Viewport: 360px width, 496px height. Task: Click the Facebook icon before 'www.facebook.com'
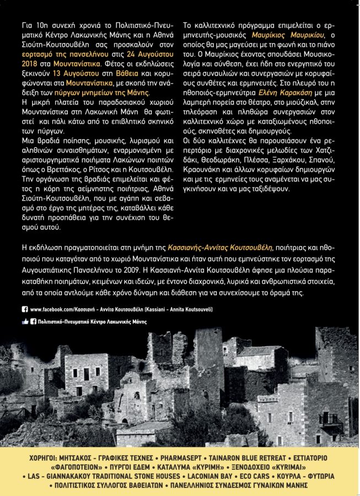(25, 310)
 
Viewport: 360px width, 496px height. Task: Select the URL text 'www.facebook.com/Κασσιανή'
(68, 310)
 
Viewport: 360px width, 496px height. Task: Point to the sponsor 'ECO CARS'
(257, 476)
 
